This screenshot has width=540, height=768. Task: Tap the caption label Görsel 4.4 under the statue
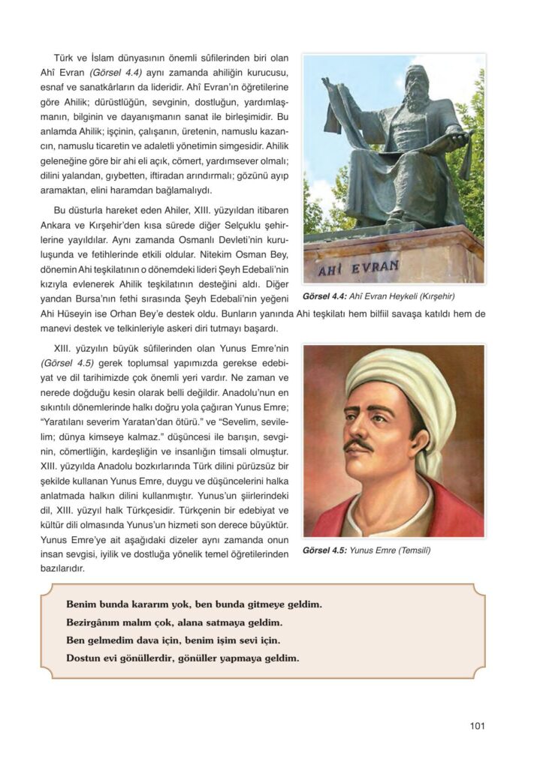324,295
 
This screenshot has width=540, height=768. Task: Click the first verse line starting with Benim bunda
194,603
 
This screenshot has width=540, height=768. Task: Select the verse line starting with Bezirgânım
174,622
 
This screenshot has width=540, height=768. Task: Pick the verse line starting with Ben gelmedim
173,640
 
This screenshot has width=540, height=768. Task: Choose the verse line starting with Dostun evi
183,659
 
